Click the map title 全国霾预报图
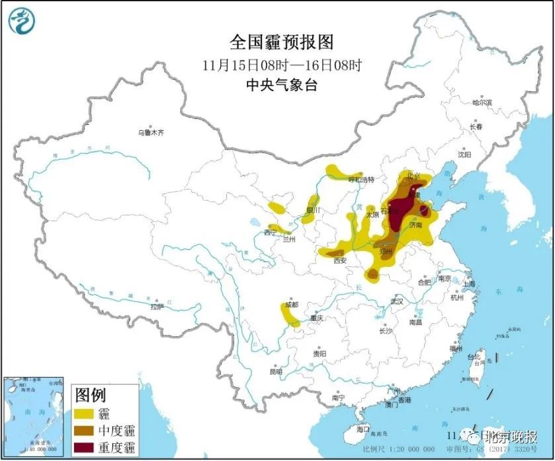coord(281,43)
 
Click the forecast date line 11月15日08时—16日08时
coord(282,65)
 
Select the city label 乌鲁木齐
coord(150,133)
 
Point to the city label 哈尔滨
coord(482,102)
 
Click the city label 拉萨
coord(156,306)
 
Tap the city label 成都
coord(291,304)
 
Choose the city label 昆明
coord(276,372)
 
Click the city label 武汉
coord(396,301)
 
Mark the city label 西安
coord(340,260)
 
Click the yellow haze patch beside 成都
coord(289,316)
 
